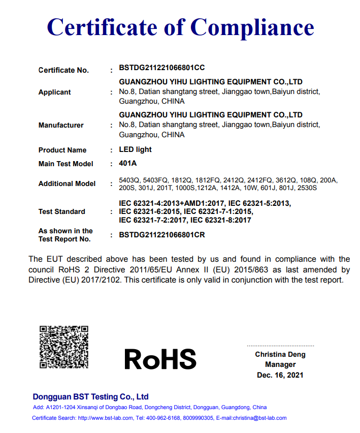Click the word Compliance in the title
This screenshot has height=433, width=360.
coord(252,26)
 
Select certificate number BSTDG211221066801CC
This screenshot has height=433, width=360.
coord(161,67)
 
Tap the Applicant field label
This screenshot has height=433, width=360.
coord(55,92)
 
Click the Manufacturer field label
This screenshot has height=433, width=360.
coord(61,125)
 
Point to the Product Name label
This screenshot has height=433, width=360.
coord(62,150)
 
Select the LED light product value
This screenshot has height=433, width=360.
coord(135,149)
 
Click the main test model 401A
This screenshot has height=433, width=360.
coord(128,163)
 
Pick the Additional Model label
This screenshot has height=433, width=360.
coord(67,183)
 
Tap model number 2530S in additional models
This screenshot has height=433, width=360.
coord(306,188)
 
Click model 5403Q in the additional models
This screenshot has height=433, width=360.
coord(129,180)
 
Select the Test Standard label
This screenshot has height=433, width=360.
coord(62,211)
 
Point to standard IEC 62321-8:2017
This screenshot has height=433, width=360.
coord(220,220)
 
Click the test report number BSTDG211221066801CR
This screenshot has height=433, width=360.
coord(161,235)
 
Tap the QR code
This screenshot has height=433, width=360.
coord(64,347)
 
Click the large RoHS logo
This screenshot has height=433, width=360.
coord(160,359)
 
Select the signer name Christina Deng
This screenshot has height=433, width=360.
coord(280,354)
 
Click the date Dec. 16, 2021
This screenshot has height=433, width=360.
coord(280,375)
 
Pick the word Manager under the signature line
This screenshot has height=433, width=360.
coord(280,364)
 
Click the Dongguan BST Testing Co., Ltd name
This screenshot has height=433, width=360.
coord(90,396)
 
